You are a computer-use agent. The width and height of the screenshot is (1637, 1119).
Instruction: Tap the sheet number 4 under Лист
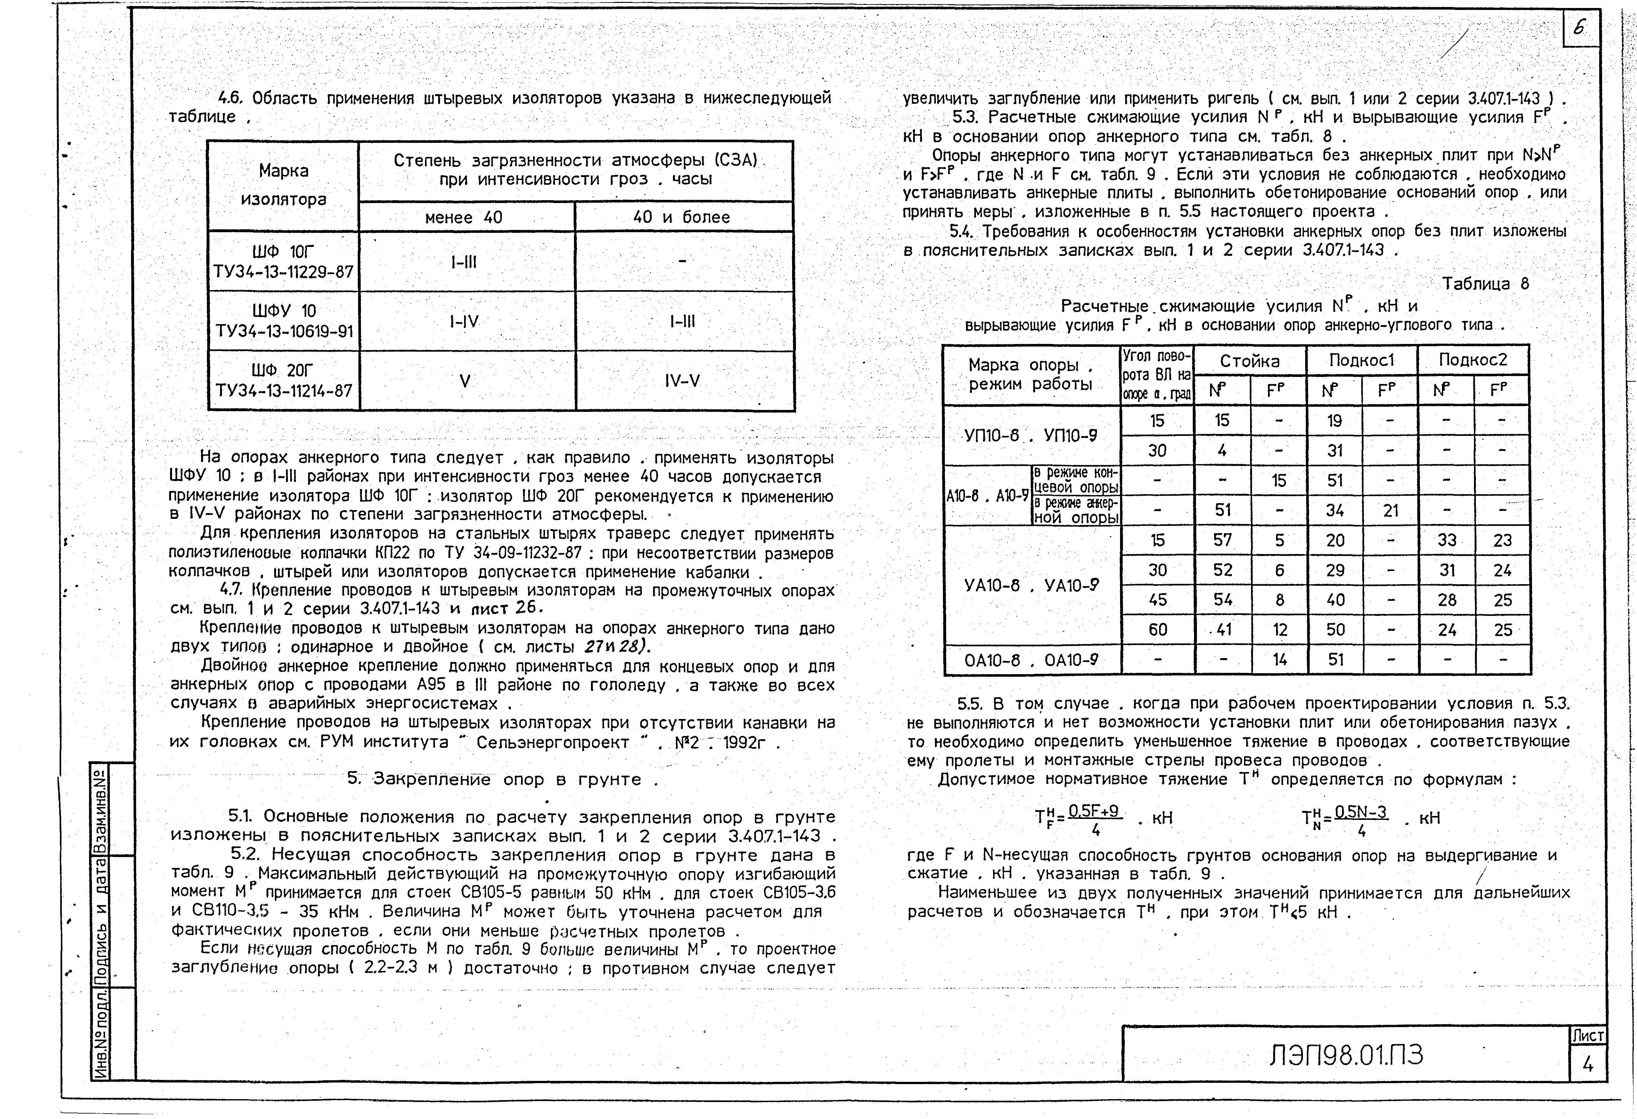pyautogui.click(x=1588, y=1065)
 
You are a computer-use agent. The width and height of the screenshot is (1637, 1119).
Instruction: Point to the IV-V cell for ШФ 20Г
pyautogui.click(x=682, y=381)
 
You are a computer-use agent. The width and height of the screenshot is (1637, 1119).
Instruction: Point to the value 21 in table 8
pyautogui.click(x=1390, y=510)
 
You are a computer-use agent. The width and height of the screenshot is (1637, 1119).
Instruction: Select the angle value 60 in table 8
pyautogui.click(x=1157, y=630)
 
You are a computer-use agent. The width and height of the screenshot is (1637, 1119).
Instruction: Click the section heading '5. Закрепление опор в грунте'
pyautogui.click(x=503, y=780)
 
